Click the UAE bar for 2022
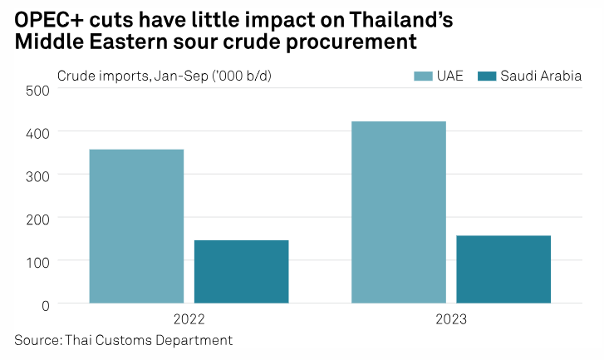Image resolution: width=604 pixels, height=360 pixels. pyautogui.click(x=136, y=226)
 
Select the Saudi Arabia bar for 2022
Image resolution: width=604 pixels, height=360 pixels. pyautogui.click(x=241, y=272)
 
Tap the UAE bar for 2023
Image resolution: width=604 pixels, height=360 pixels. pyautogui.click(x=399, y=212)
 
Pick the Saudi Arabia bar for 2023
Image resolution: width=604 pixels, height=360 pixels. pyautogui.click(x=503, y=269)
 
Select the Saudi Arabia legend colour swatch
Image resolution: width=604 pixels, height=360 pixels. pyautogui.click(x=486, y=76)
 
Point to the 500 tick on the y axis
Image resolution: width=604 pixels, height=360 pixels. pyautogui.click(x=37, y=89)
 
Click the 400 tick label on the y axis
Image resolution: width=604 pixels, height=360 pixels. pyautogui.click(x=37, y=132)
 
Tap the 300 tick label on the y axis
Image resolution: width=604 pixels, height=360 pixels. pyautogui.click(x=37, y=175)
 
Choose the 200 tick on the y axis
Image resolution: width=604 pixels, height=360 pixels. pyautogui.click(x=37, y=218)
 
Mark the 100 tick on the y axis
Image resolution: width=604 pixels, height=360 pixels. pyautogui.click(x=37, y=261)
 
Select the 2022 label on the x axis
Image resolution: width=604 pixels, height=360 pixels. pyautogui.click(x=189, y=320)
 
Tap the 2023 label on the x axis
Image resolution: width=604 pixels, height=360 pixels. pyautogui.click(x=451, y=320)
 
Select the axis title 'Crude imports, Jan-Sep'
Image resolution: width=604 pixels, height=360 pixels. pyautogui.click(x=133, y=76)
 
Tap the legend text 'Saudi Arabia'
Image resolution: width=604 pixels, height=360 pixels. pyautogui.click(x=540, y=76)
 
